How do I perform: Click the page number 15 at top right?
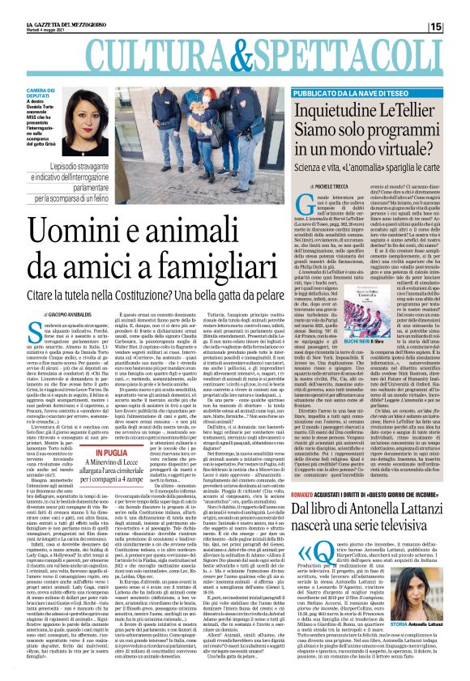[459, 7]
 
